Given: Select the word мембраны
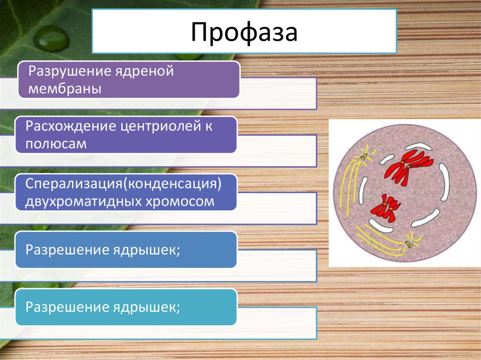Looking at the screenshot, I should (65, 89).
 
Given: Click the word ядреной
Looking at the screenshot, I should (144, 72).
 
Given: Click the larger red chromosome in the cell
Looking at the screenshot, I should (408, 165).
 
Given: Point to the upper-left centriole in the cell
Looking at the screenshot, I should (364, 157).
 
